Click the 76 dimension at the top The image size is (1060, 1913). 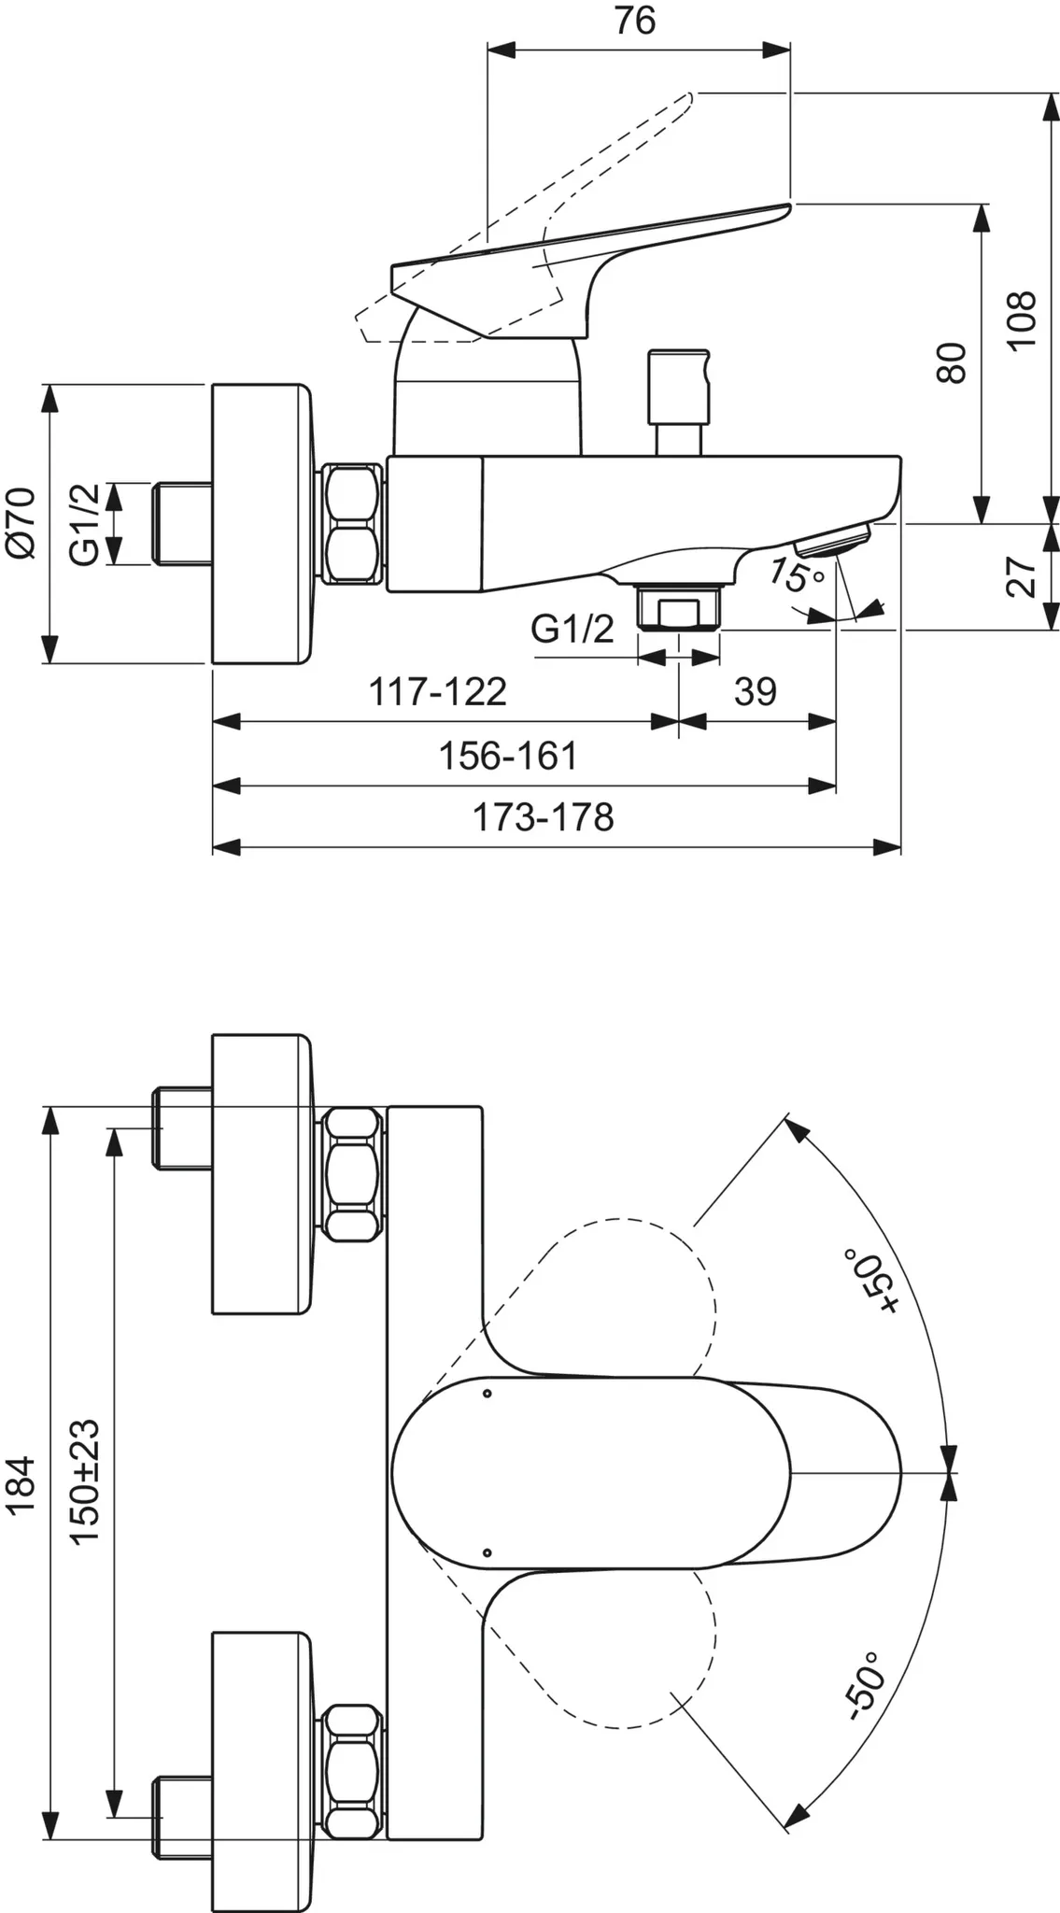click(635, 20)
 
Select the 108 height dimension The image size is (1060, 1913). click(1023, 319)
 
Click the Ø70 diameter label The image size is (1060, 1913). click(21, 523)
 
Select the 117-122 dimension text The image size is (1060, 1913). click(438, 692)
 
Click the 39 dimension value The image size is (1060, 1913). click(755, 691)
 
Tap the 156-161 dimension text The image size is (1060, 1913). click(509, 756)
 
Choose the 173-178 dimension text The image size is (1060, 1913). click(544, 818)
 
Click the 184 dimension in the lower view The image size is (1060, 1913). click(21, 1484)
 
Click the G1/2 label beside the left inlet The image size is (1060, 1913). click(83, 523)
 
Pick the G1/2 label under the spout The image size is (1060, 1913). click(572, 629)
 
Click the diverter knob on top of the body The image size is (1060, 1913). click(679, 402)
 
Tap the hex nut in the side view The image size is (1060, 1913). click(353, 525)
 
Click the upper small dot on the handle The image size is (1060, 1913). click(487, 1395)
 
